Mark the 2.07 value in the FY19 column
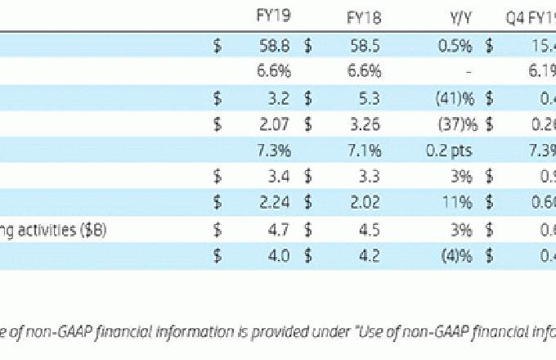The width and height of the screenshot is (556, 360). [x=275, y=126]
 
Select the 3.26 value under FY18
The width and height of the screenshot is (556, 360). [x=363, y=126]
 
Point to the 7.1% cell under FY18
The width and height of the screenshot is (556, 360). [x=364, y=152]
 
